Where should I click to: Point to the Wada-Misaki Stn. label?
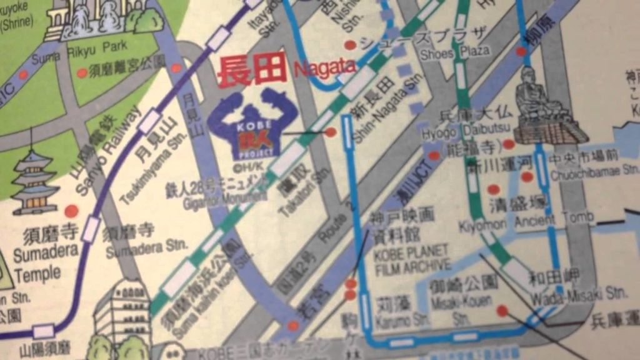click(x=579, y=293)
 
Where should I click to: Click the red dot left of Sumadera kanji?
click(x=71, y=211)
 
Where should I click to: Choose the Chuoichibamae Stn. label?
click(x=593, y=169)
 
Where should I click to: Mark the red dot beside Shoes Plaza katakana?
click(x=351, y=45)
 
